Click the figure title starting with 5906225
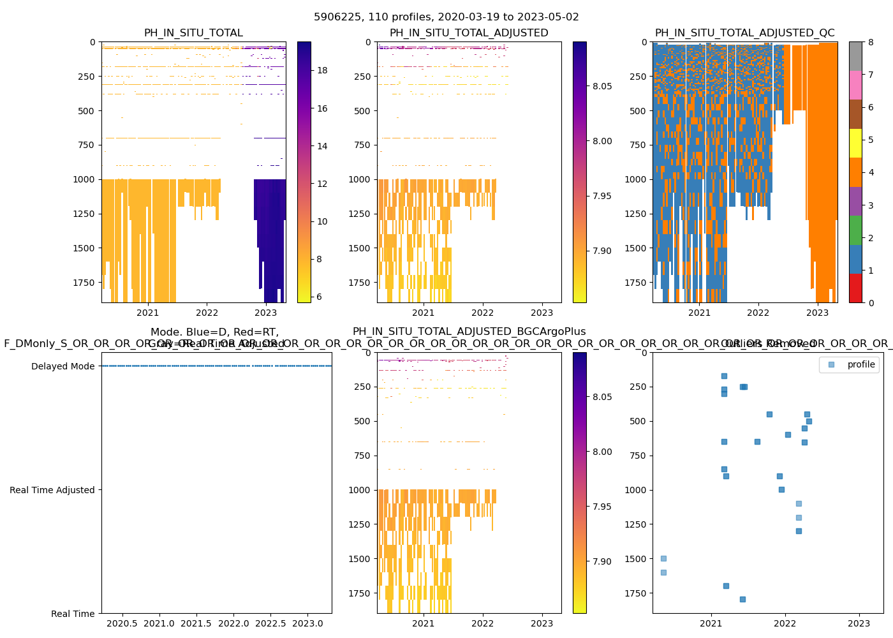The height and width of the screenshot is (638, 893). point(447,17)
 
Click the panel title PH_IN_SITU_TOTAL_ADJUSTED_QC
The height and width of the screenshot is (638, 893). point(744,33)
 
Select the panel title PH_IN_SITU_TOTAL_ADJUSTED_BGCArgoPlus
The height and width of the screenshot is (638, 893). point(469,332)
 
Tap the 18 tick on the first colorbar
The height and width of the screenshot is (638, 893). point(322,70)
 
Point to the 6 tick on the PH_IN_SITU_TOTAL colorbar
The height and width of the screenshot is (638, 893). point(322,297)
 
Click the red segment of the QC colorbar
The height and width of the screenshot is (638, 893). point(855,288)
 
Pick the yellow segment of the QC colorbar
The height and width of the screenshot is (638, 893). point(855,143)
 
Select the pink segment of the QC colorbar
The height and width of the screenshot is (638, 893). point(855,85)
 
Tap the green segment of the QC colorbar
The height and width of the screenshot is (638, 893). point(855,230)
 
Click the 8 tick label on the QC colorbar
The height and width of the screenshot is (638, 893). point(870,43)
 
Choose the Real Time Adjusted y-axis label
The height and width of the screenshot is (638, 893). point(52,490)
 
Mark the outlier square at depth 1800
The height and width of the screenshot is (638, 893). point(742,599)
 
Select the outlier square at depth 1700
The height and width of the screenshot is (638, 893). point(726,586)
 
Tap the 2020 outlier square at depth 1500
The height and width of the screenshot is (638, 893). point(663,558)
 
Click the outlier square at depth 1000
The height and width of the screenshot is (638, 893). point(781,489)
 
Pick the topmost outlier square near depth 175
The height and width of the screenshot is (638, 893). point(724,376)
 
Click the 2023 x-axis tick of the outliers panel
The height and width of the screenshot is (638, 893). point(859,623)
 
